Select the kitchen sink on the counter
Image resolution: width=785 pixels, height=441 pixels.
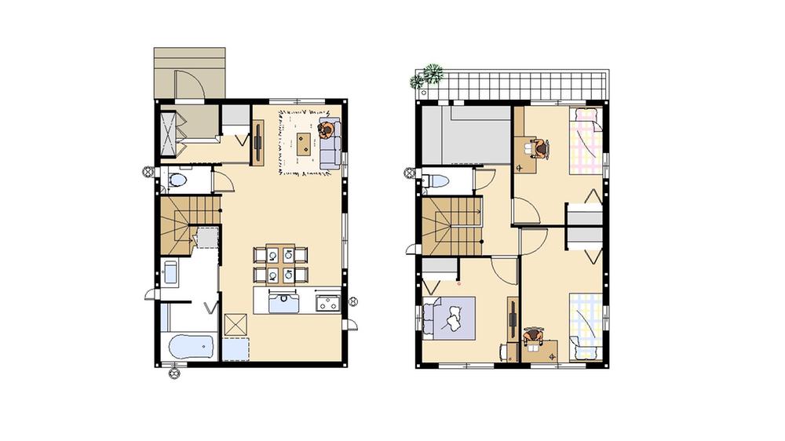284,301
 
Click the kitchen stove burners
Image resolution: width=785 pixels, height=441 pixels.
327,302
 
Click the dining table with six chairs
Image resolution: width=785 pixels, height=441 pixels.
280,264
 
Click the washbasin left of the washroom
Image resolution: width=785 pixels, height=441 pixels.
170,274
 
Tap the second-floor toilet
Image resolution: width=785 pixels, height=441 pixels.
435,181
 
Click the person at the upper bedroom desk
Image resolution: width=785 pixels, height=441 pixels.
540,147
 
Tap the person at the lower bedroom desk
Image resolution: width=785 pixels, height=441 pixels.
534,337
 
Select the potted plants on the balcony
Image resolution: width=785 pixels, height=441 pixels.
428,76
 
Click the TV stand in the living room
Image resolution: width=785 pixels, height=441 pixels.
257,142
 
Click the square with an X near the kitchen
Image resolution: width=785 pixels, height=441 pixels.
235,324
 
